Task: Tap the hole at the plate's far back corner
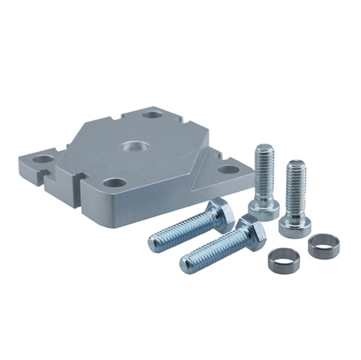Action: click(x=152, y=114)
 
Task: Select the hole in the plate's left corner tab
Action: click(x=43, y=158)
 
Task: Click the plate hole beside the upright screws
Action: click(x=228, y=170)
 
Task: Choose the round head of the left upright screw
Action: click(x=264, y=208)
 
